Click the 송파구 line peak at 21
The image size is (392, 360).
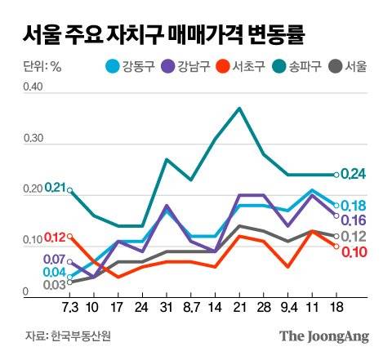coord(239,108)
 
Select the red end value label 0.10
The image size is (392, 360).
coord(353,251)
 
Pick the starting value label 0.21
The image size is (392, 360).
coord(56,189)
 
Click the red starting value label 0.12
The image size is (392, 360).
coord(56,238)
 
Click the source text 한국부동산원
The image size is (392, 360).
coord(76,336)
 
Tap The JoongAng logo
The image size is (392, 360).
coord(324,336)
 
